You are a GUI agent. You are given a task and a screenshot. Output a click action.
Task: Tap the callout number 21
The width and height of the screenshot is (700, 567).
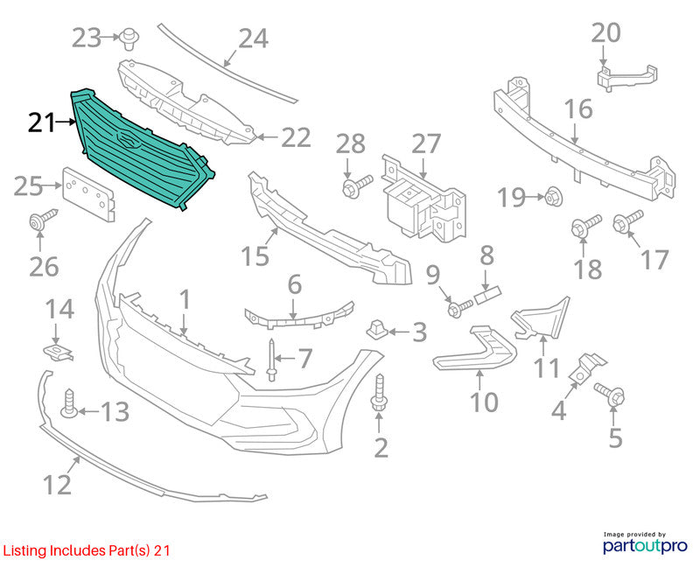coord(41,122)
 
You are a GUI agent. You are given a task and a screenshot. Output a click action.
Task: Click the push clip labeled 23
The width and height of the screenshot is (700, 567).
coord(129,39)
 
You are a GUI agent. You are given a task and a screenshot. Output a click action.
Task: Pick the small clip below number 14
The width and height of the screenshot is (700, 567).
coord(58,353)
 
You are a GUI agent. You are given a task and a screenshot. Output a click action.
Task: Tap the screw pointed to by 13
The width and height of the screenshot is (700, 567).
coord(69,403)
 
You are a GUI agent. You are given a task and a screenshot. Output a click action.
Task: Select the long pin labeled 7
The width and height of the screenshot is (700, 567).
coord(271,360)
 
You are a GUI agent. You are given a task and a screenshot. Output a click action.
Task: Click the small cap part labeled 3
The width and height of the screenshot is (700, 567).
coord(376,331)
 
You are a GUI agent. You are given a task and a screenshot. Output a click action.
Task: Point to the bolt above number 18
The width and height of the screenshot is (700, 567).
coord(585,225)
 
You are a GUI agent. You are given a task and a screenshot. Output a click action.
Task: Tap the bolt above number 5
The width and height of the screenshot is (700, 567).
coord(609,394)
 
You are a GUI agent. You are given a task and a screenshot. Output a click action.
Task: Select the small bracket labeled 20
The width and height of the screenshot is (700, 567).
coord(626,78)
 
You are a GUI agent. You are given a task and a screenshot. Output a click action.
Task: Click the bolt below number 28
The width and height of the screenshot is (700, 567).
coord(357,185)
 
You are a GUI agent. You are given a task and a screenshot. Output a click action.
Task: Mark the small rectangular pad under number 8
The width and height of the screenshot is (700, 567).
coord(488,296)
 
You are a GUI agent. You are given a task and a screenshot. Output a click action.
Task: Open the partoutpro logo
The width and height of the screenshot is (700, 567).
coord(645,542)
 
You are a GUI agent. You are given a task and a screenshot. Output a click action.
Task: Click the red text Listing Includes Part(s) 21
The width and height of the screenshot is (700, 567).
coord(86,550)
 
